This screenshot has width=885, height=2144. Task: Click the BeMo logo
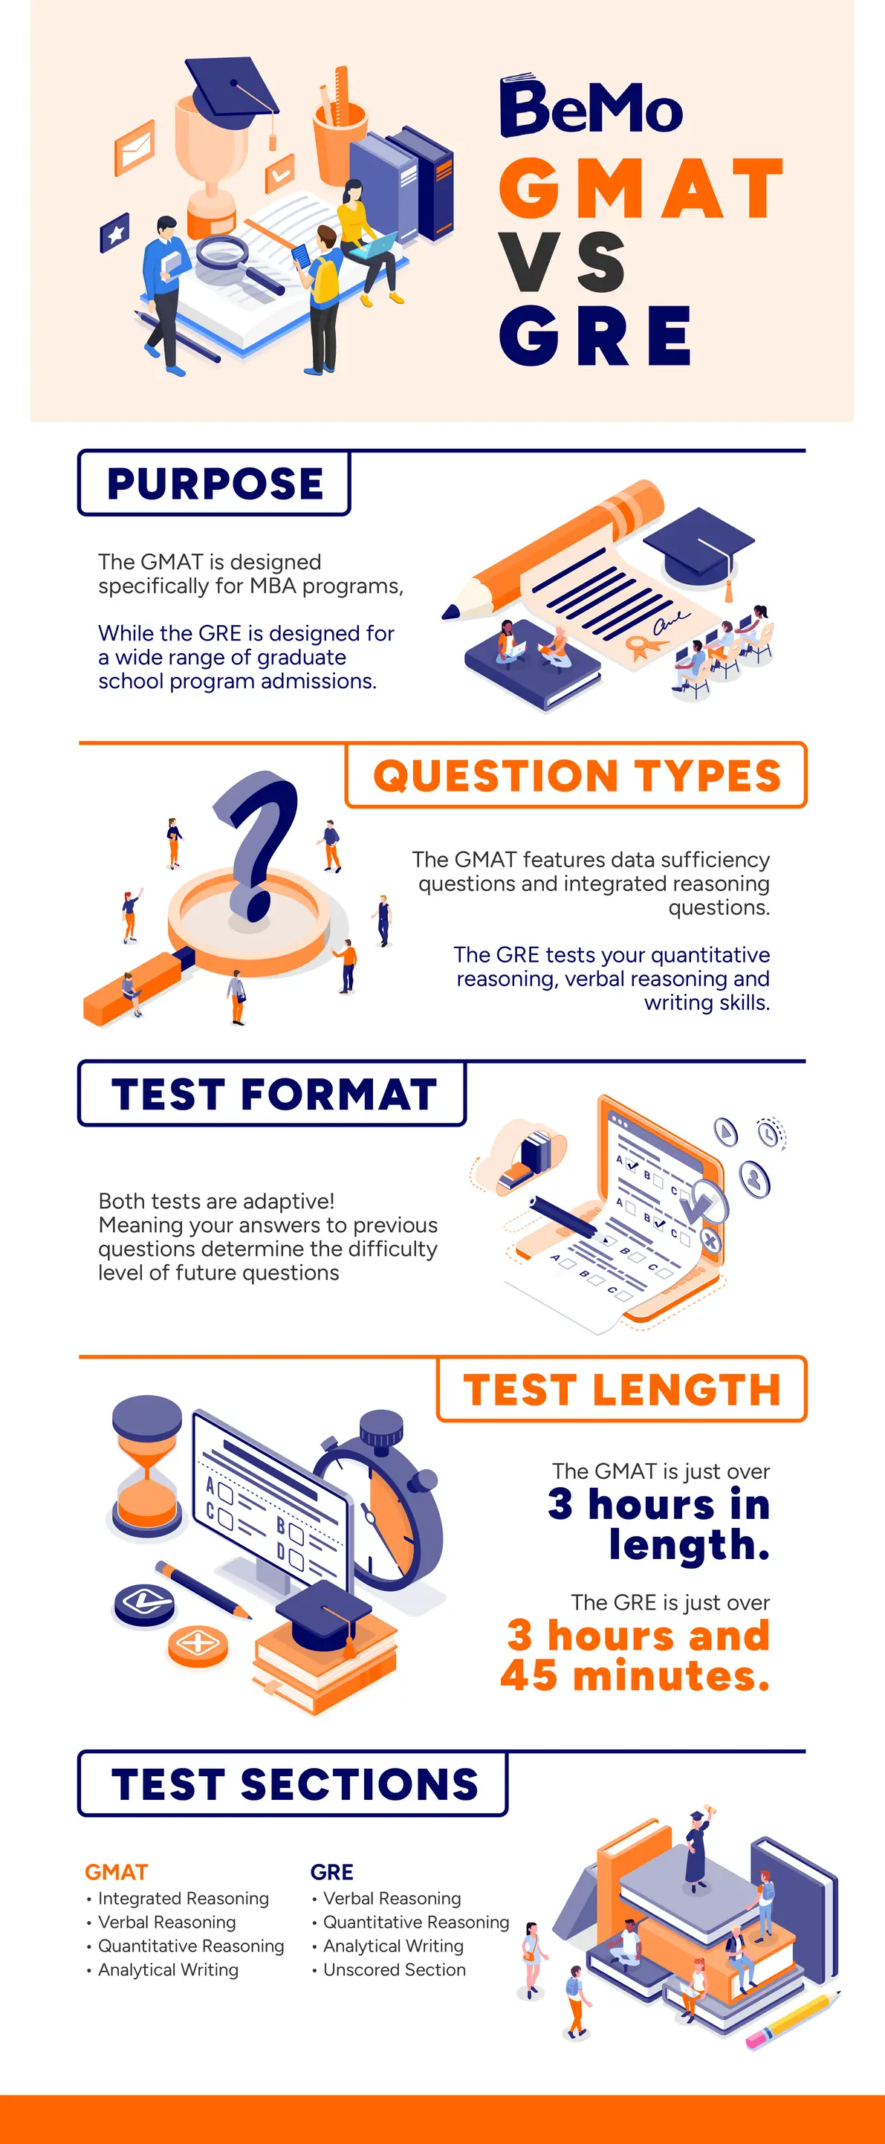coord(591,106)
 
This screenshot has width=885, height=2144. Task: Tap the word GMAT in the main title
coord(641,188)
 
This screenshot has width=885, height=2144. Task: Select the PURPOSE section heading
coord(215,484)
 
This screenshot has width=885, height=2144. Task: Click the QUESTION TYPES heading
coord(577,775)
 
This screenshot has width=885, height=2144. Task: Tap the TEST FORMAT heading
coord(274,1094)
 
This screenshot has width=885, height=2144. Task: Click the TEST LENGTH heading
coord(622,1389)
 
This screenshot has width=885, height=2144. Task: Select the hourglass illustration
coord(146,1466)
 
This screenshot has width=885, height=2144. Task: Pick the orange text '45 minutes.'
coord(635,1675)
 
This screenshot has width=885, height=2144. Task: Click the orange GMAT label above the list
coord(117,1872)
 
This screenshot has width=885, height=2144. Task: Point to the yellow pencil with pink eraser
coord(794,2020)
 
